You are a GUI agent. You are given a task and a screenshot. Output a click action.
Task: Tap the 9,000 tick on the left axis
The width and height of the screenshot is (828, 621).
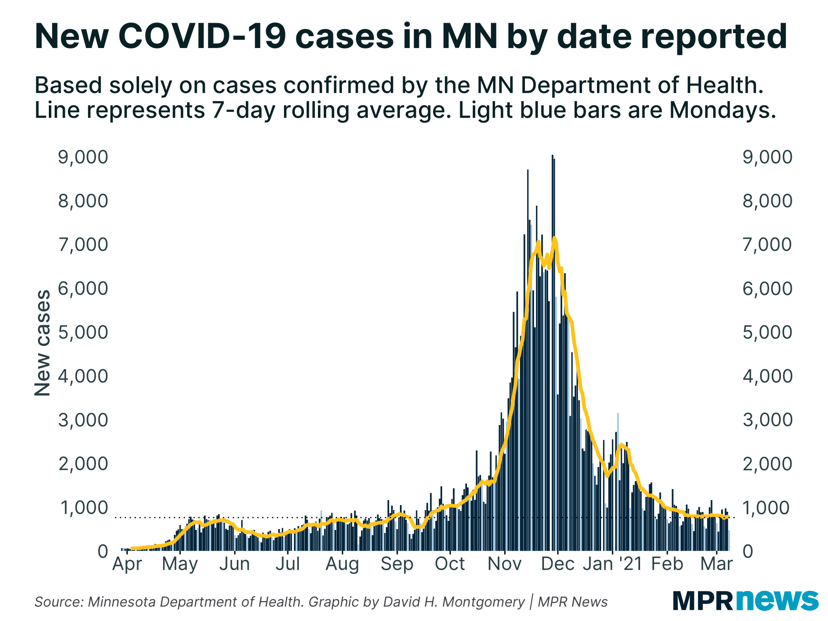[83, 157]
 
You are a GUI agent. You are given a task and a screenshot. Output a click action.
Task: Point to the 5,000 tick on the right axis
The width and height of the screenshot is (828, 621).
[767, 332]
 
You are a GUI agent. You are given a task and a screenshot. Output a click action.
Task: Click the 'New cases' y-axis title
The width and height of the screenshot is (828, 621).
[43, 343]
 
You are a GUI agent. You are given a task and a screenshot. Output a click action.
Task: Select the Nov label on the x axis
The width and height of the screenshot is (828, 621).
[504, 564]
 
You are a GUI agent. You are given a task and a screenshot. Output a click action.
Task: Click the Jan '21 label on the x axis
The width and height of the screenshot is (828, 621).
[612, 564]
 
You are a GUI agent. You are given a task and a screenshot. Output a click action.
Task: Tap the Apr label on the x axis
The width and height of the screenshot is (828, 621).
[127, 564]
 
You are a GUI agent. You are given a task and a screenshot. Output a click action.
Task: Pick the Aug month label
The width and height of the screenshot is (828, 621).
[342, 564]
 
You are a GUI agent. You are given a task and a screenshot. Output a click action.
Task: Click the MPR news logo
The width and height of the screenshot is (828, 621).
[745, 600]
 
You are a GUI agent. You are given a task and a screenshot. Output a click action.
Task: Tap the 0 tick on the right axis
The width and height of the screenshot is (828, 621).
[748, 551]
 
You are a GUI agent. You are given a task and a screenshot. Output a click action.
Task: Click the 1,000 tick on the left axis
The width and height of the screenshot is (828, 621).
[84, 508]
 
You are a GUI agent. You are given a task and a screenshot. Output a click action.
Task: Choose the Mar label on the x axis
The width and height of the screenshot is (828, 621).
[717, 564]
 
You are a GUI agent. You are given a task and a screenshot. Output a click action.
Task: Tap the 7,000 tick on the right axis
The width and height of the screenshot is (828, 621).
[767, 245]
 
